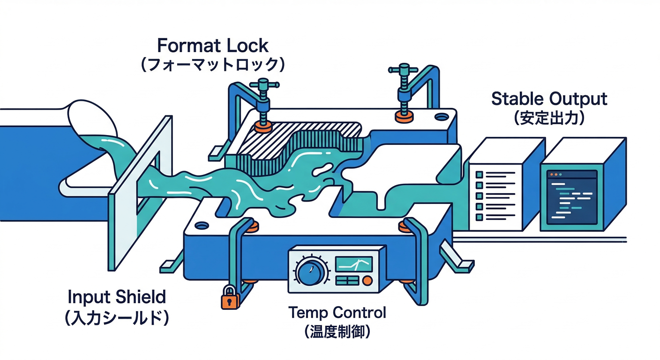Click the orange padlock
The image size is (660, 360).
click(228, 298)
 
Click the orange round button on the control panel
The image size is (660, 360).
click(367, 280)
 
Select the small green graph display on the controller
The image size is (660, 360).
click(354, 265)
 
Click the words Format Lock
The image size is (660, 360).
click(213, 46)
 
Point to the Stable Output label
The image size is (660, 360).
click(549, 99)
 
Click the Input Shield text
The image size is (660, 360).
click(117, 297)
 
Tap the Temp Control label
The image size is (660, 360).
click(337, 312)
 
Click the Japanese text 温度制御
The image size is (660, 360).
click(337, 332)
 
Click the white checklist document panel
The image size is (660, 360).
click(495, 196)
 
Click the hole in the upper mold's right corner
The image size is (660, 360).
click(441, 116)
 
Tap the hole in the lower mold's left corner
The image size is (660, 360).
click(202, 225)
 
